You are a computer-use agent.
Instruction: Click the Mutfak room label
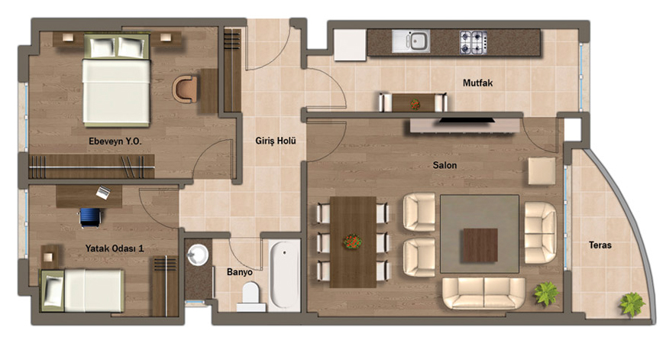tap(477, 83)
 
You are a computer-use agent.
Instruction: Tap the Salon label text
tap(445, 165)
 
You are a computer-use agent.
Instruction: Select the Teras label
tap(600, 245)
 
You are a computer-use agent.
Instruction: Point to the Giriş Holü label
tap(275, 141)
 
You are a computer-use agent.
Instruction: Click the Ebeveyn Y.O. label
tap(115, 141)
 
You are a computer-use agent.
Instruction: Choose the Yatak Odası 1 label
tap(115, 248)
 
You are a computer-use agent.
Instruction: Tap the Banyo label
tap(240, 272)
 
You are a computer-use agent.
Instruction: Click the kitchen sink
tap(411, 41)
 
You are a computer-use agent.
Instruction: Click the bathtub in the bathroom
tap(285, 274)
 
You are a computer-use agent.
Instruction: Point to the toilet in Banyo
tap(251, 297)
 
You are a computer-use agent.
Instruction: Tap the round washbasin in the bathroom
tap(198, 255)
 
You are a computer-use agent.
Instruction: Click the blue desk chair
tap(90, 217)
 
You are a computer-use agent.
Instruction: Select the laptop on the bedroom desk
tap(103, 193)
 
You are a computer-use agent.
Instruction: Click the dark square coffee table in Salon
tap(480, 245)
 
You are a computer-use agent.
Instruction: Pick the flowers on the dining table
tap(352, 242)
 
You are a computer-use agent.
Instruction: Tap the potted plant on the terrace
tap(632, 304)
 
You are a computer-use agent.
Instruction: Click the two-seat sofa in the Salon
tap(483, 293)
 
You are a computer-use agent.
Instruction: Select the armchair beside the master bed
tap(185, 89)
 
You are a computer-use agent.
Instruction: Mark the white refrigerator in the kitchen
tap(350, 45)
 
